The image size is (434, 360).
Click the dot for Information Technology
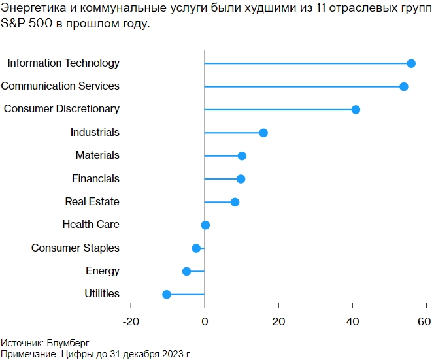click(411, 63)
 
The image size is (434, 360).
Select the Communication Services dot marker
click(404, 87)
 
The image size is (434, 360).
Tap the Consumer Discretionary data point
click(356, 110)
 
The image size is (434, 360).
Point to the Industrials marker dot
click(263, 133)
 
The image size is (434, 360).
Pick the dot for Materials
click(242, 155)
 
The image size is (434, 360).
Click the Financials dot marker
click(241, 179)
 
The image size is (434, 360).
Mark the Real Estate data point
click(235, 202)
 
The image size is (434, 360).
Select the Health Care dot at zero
click(205, 225)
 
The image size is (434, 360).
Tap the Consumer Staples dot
click(196, 248)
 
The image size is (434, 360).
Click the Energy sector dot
click(186, 271)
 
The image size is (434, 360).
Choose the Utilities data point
click(167, 295)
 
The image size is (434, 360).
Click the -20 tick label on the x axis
click(131, 321)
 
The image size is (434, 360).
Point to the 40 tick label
click(352, 321)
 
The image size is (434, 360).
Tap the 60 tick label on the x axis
click(424, 321)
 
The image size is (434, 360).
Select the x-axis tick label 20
click(278, 321)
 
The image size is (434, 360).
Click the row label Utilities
click(102, 294)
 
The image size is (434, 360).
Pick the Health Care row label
click(91, 225)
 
